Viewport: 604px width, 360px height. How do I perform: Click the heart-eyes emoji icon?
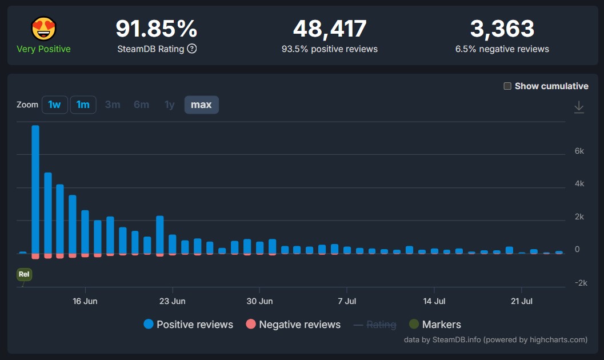(x=43, y=28)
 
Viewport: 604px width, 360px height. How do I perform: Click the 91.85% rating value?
(x=157, y=29)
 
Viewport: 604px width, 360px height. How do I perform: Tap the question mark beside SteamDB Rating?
(x=192, y=49)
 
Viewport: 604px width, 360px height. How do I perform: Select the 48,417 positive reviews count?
(x=329, y=29)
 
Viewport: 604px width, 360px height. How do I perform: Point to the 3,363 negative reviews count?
(x=502, y=29)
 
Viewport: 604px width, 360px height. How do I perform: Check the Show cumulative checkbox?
(x=507, y=86)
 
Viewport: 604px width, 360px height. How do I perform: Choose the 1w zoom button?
(x=54, y=105)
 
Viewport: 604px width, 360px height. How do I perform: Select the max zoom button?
(x=201, y=105)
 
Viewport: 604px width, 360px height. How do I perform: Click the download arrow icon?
(x=579, y=107)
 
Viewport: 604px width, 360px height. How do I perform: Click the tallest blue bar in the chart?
(x=35, y=189)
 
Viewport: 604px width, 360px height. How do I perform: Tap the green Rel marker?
(x=24, y=274)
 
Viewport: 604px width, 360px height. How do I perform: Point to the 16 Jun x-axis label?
(x=85, y=301)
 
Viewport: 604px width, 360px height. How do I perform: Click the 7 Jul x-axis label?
(x=347, y=301)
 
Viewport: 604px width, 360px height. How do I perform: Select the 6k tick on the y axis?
(x=579, y=151)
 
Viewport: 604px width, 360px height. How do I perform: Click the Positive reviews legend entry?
(x=189, y=325)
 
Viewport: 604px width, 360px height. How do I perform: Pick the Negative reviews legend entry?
(x=293, y=325)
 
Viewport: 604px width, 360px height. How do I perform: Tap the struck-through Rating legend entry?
(x=375, y=325)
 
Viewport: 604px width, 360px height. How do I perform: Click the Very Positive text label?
(x=43, y=49)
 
